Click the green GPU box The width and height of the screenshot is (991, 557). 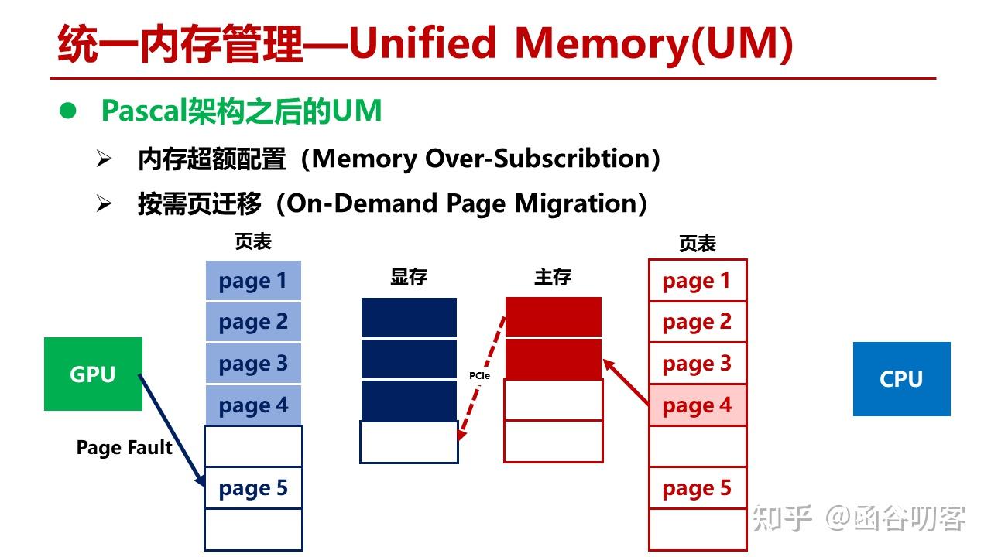pos(93,374)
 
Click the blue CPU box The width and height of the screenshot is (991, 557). pos(901,379)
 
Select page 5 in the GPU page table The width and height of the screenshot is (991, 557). pos(253,488)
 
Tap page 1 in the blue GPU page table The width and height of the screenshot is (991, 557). pos(253,281)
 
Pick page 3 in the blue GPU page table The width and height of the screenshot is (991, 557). pos(253,364)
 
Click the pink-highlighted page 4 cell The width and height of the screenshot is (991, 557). pos(697,405)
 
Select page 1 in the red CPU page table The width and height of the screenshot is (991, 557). pos(697,281)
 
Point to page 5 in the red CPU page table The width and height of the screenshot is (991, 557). pos(697,488)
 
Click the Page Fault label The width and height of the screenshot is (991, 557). pos(124,448)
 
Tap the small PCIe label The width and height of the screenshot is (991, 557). pos(479,376)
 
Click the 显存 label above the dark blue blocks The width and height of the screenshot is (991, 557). pos(409,278)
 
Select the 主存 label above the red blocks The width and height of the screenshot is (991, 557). pos(553,278)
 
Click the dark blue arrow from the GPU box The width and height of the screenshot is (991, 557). pos(172,431)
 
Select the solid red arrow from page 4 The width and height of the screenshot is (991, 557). pos(627,382)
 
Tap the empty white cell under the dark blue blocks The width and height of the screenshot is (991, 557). pos(409,442)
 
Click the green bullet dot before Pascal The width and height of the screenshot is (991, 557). pos(69,111)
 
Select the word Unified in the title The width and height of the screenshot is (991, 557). pos(423,43)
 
